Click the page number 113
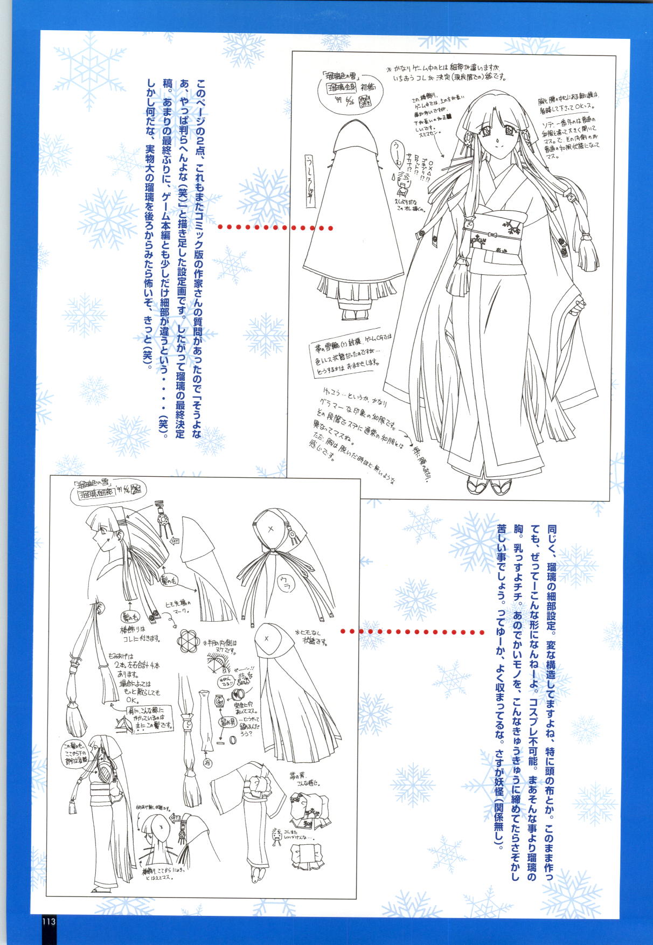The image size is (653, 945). (48, 936)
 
